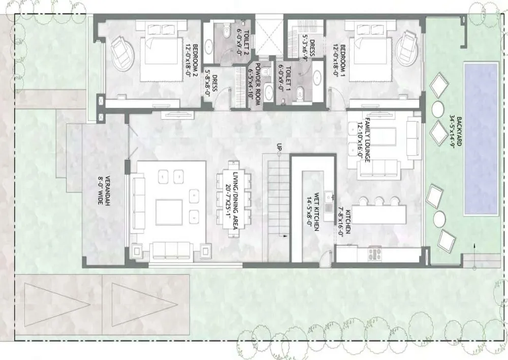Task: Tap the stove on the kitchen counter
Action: click(x=375, y=254)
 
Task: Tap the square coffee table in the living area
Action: click(x=169, y=213)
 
